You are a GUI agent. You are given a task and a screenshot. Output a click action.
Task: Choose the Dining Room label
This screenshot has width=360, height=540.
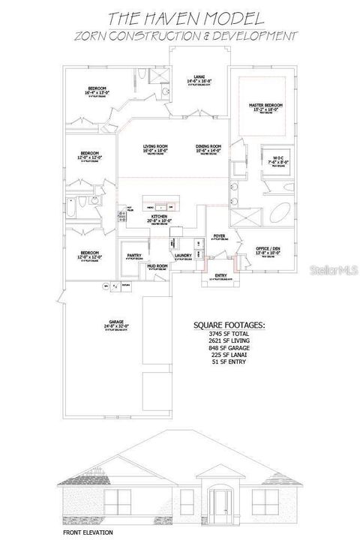tap(208, 146)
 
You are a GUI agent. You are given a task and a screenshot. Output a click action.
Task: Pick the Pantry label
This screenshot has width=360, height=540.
tap(134, 255)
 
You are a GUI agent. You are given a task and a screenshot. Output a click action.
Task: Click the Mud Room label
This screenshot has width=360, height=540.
tap(157, 265)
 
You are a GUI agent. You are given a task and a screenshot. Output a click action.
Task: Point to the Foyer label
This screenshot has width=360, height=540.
tap(220, 235)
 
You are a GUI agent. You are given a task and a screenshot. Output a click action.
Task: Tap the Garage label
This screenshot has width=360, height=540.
tap(116, 323)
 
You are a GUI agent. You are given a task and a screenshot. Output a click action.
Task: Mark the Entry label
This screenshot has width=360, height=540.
tap(220, 275)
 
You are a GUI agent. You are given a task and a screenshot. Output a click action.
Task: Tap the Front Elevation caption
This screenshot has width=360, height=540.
tap(88, 532)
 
